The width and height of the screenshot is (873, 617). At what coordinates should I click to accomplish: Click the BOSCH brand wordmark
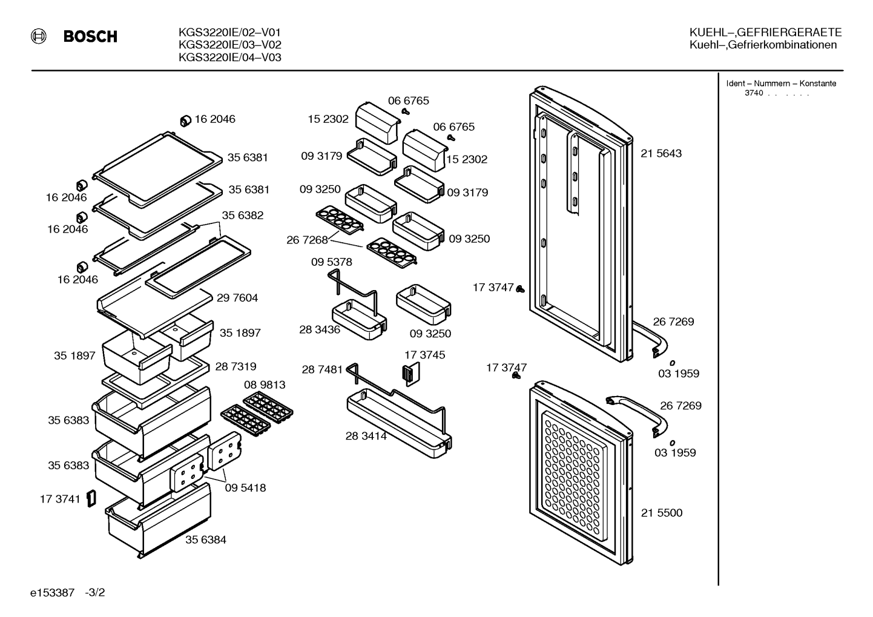click(x=90, y=37)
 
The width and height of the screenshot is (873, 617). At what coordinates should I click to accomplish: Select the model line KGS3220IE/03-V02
click(x=230, y=44)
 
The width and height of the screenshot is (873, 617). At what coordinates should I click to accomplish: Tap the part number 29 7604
click(x=237, y=298)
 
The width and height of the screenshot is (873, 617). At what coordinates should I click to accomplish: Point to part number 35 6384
click(x=206, y=540)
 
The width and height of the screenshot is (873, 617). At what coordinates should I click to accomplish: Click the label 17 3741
click(x=60, y=499)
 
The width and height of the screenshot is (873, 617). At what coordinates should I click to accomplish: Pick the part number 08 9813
click(x=265, y=384)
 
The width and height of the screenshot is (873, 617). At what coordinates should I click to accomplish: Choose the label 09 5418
click(x=246, y=487)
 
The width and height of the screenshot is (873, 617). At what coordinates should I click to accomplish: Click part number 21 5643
click(x=661, y=153)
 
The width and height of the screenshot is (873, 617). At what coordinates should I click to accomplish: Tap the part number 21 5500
click(x=662, y=512)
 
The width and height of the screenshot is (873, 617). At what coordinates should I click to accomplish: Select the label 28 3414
click(x=366, y=436)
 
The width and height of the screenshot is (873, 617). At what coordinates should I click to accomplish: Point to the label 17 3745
click(x=425, y=355)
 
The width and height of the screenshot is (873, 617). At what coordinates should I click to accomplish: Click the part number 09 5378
click(x=332, y=262)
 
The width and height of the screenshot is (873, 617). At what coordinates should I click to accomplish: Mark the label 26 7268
click(x=307, y=240)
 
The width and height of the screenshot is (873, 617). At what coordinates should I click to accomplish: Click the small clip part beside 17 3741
click(x=91, y=498)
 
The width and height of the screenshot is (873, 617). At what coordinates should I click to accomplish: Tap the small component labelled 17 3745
click(x=411, y=374)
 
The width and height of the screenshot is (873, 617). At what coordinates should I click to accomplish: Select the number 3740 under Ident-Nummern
click(x=754, y=93)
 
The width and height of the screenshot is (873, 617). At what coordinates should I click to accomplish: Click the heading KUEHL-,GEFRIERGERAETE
click(x=766, y=32)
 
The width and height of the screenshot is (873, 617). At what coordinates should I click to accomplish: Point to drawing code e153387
click(x=52, y=593)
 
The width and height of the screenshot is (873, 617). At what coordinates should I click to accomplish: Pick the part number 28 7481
click(x=322, y=369)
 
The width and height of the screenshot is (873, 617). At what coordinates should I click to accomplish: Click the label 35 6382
click(x=243, y=215)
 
